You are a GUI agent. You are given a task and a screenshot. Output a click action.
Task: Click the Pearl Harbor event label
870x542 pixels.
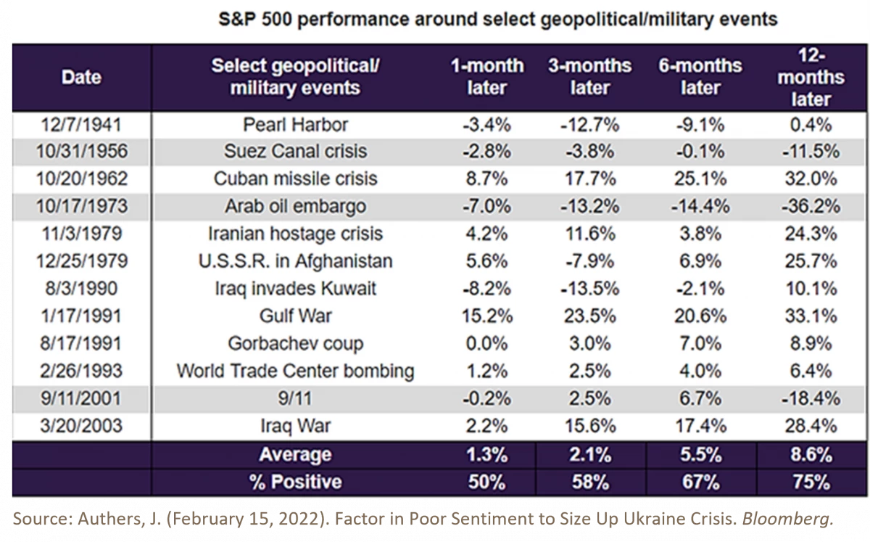pos(295,124)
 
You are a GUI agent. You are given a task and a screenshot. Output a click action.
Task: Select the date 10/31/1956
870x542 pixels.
pos(80,152)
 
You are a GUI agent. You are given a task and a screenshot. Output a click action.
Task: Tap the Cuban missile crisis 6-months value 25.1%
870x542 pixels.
pos(700,178)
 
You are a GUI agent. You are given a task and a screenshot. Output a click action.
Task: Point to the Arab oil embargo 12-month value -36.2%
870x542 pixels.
pos(811,206)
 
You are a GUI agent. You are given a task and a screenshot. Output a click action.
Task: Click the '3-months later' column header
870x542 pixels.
pos(589,77)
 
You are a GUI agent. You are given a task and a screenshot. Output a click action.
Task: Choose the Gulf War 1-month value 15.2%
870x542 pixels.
pos(486,316)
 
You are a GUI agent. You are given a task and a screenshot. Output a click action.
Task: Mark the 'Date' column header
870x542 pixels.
pos(81,77)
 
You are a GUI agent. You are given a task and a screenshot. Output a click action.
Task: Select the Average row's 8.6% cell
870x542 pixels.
pos(811,454)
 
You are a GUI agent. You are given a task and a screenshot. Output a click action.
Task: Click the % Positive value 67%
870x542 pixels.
pos(700,482)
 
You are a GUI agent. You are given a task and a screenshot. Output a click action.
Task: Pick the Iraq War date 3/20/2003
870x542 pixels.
pos(80,426)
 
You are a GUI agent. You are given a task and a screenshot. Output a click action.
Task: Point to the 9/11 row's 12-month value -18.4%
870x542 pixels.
pos(811,398)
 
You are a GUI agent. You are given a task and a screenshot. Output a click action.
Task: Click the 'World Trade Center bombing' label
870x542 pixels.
pos(295,371)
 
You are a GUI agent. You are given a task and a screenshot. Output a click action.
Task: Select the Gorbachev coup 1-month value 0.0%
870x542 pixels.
pos(486,343)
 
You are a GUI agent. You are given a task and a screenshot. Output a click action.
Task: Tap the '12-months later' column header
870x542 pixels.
pos(811,77)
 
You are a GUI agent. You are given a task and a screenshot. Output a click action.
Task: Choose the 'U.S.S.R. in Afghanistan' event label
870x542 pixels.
pos(295,260)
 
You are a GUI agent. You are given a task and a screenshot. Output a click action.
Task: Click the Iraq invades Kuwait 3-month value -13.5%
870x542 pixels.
pos(589,288)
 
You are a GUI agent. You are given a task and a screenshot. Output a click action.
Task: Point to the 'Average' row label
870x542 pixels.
pos(295,455)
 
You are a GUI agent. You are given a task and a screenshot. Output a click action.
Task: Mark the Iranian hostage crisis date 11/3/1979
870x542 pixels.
pos(80,234)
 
